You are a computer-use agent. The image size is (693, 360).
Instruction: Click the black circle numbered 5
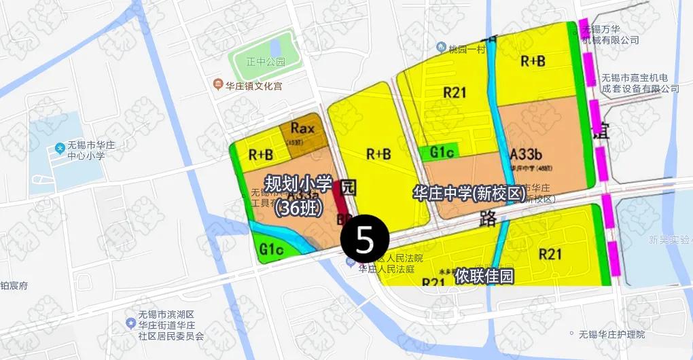pos(365,240)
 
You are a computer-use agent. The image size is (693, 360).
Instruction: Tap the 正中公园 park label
pos(265,62)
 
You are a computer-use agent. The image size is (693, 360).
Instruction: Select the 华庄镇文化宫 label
pos(253,86)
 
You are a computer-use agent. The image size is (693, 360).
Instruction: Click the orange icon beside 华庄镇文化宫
pos(217,85)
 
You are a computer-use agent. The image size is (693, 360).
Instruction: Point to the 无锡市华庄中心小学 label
pos(86,150)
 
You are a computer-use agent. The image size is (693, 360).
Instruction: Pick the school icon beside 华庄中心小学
pos(60,147)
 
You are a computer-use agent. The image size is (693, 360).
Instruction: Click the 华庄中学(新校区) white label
pos(469,194)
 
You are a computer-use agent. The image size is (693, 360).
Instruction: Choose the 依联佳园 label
pos(484,276)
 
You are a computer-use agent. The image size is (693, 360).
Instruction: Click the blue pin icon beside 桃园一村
pos(440,48)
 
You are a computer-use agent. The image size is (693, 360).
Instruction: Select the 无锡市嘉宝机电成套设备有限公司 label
pos(640,83)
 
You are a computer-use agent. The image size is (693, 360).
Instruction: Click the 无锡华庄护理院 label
pos(611,334)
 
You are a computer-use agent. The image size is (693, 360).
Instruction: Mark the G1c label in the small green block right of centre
pos(442,153)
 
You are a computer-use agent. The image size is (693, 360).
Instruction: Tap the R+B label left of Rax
pos(260,154)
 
